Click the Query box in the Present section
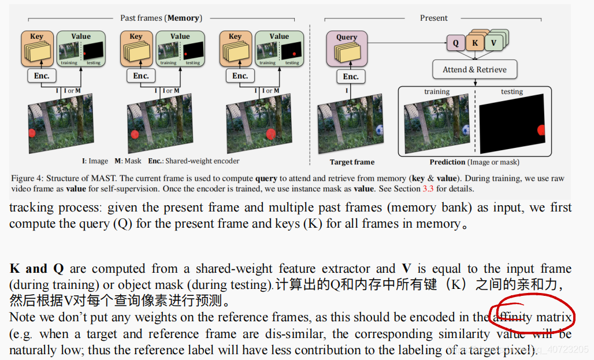click(x=347, y=46)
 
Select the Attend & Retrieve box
click(x=474, y=70)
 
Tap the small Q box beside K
click(x=455, y=43)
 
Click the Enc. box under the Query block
click(x=351, y=77)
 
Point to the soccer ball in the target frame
click(x=380, y=131)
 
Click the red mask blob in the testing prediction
click(x=541, y=130)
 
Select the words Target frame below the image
click(x=352, y=162)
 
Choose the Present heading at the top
click(x=433, y=18)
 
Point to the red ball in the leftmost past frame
click(x=32, y=133)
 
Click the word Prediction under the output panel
click(x=447, y=162)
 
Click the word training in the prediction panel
click(x=436, y=91)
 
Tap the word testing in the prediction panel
click(x=511, y=91)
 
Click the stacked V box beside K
click(x=493, y=43)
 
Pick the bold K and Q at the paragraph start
click(x=36, y=269)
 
